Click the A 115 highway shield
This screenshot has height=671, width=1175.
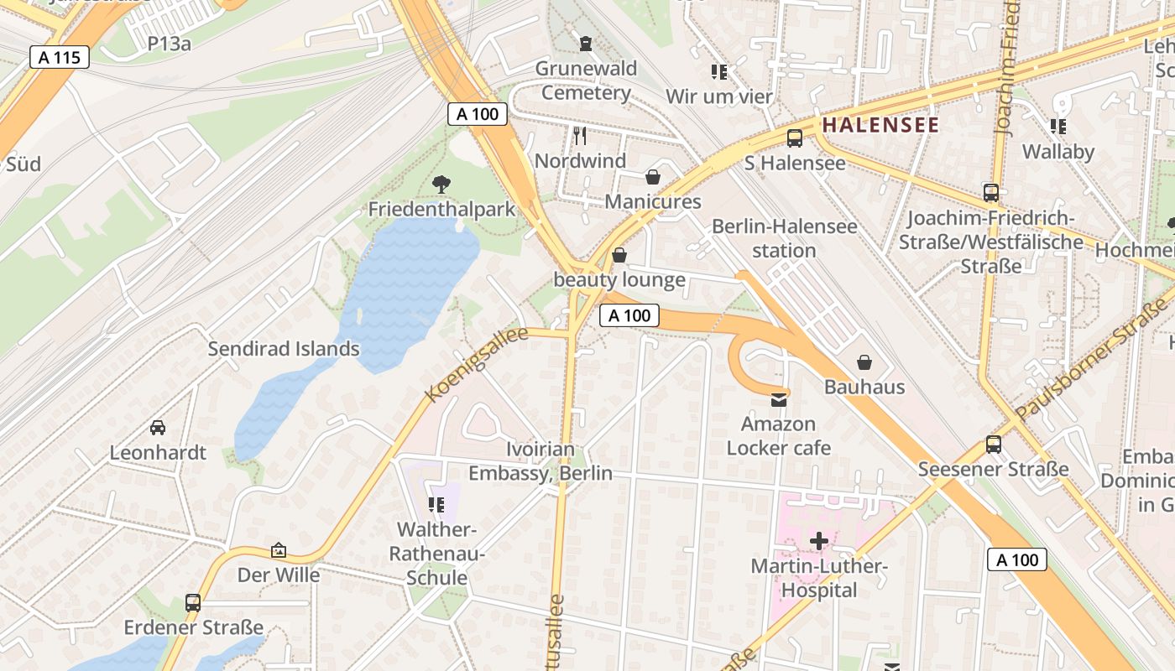[59, 57]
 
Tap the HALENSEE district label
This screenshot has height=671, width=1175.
[880, 125]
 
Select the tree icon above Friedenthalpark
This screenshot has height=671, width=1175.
[441, 185]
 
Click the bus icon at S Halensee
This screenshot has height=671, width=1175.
[794, 138]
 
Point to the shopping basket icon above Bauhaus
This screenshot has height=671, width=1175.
[864, 362]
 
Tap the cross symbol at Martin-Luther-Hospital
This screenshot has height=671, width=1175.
[818, 541]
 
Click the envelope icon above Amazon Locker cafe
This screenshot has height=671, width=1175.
[779, 400]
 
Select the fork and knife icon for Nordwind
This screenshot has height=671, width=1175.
[580, 135]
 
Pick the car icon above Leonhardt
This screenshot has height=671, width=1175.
[157, 428]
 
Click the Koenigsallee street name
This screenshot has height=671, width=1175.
[476, 364]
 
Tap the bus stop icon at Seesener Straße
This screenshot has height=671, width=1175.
[994, 445]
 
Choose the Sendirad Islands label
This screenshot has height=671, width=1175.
[284, 349]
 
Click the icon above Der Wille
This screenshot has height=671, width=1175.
[279, 550]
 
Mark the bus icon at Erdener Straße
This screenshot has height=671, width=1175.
[193, 602]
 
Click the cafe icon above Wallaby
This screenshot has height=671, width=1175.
[1057, 127]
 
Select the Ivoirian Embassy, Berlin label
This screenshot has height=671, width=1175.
[540, 461]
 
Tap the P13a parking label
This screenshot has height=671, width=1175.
[170, 44]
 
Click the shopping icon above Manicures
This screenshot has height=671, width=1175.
[653, 177]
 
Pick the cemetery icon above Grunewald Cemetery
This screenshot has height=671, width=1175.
[586, 43]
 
